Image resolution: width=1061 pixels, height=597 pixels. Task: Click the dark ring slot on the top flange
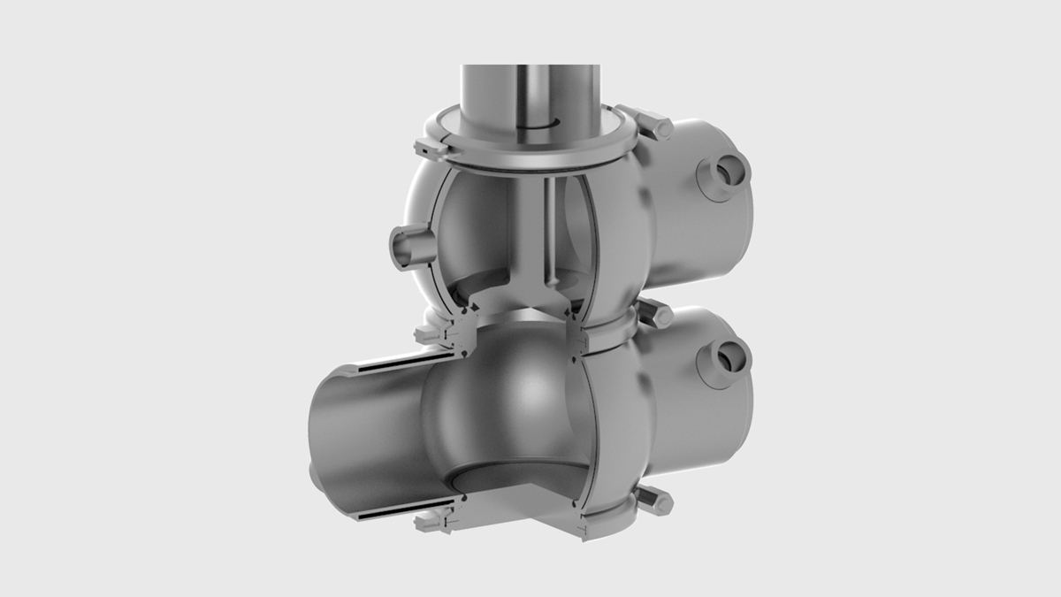530,129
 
